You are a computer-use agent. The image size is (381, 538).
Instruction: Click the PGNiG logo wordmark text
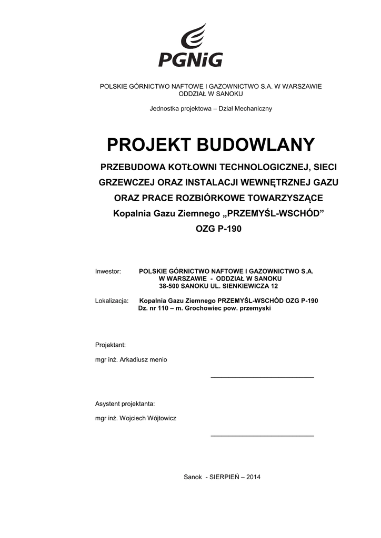(x=190, y=58)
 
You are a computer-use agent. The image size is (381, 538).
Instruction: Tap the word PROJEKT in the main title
(x=145, y=144)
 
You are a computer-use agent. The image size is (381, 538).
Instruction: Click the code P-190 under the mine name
(x=227, y=229)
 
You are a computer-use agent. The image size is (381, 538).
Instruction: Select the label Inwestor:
(x=108, y=272)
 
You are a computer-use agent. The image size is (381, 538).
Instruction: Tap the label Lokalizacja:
(x=112, y=301)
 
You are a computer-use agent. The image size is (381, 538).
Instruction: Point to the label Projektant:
(x=110, y=345)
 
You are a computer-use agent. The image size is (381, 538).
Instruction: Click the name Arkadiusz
(x=135, y=360)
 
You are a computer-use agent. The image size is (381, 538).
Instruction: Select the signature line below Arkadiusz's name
(x=262, y=377)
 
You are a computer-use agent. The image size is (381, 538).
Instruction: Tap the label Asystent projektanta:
(x=125, y=404)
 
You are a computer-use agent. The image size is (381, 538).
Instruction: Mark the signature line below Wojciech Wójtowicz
(x=262, y=436)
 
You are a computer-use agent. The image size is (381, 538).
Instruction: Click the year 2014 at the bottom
(x=253, y=477)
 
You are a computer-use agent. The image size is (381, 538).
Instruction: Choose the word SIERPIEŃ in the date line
(x=224, y=477)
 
